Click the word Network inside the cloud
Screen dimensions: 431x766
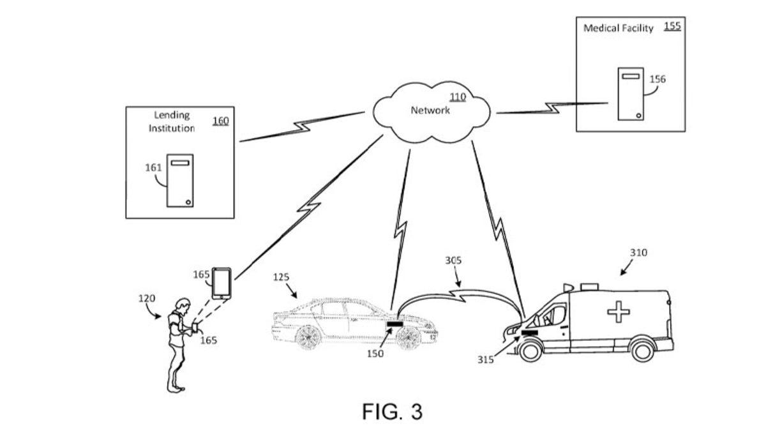pyautogui.click(x=430, y=110)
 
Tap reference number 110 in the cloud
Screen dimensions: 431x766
pyautogui.click(x=458, y=97)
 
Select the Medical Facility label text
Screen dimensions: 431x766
pyautogui.click(x=619, y=28)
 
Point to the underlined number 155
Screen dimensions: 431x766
pyautogui.click(x=672, y=26)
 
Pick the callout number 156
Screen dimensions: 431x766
pyautogui.click(x=657, y=79)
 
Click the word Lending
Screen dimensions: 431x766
pyautogui.click(x=172, y=115)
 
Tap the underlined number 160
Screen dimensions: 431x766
pyautogui.click(x=220, y=120)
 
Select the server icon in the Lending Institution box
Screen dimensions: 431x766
pyautogui.click(x=180, y=180)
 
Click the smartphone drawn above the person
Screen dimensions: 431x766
pyautogui.click(x=222, y=283)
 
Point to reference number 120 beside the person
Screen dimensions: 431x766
pyautogui.click(x=147, y=298)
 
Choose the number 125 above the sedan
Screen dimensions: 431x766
pyautogui.click(x=281, y=277)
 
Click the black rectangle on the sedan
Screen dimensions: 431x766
pyautogui.click(x=394, y=325)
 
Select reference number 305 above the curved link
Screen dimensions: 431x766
pyautogui.click(x=453, y=261)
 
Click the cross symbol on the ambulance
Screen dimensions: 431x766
pyautogui.click(x=617, y=312)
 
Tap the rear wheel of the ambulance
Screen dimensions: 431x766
pyautogui.click(x=640, y=350)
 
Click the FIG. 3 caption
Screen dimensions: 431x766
pyautogui.click(x=392, y=412)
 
